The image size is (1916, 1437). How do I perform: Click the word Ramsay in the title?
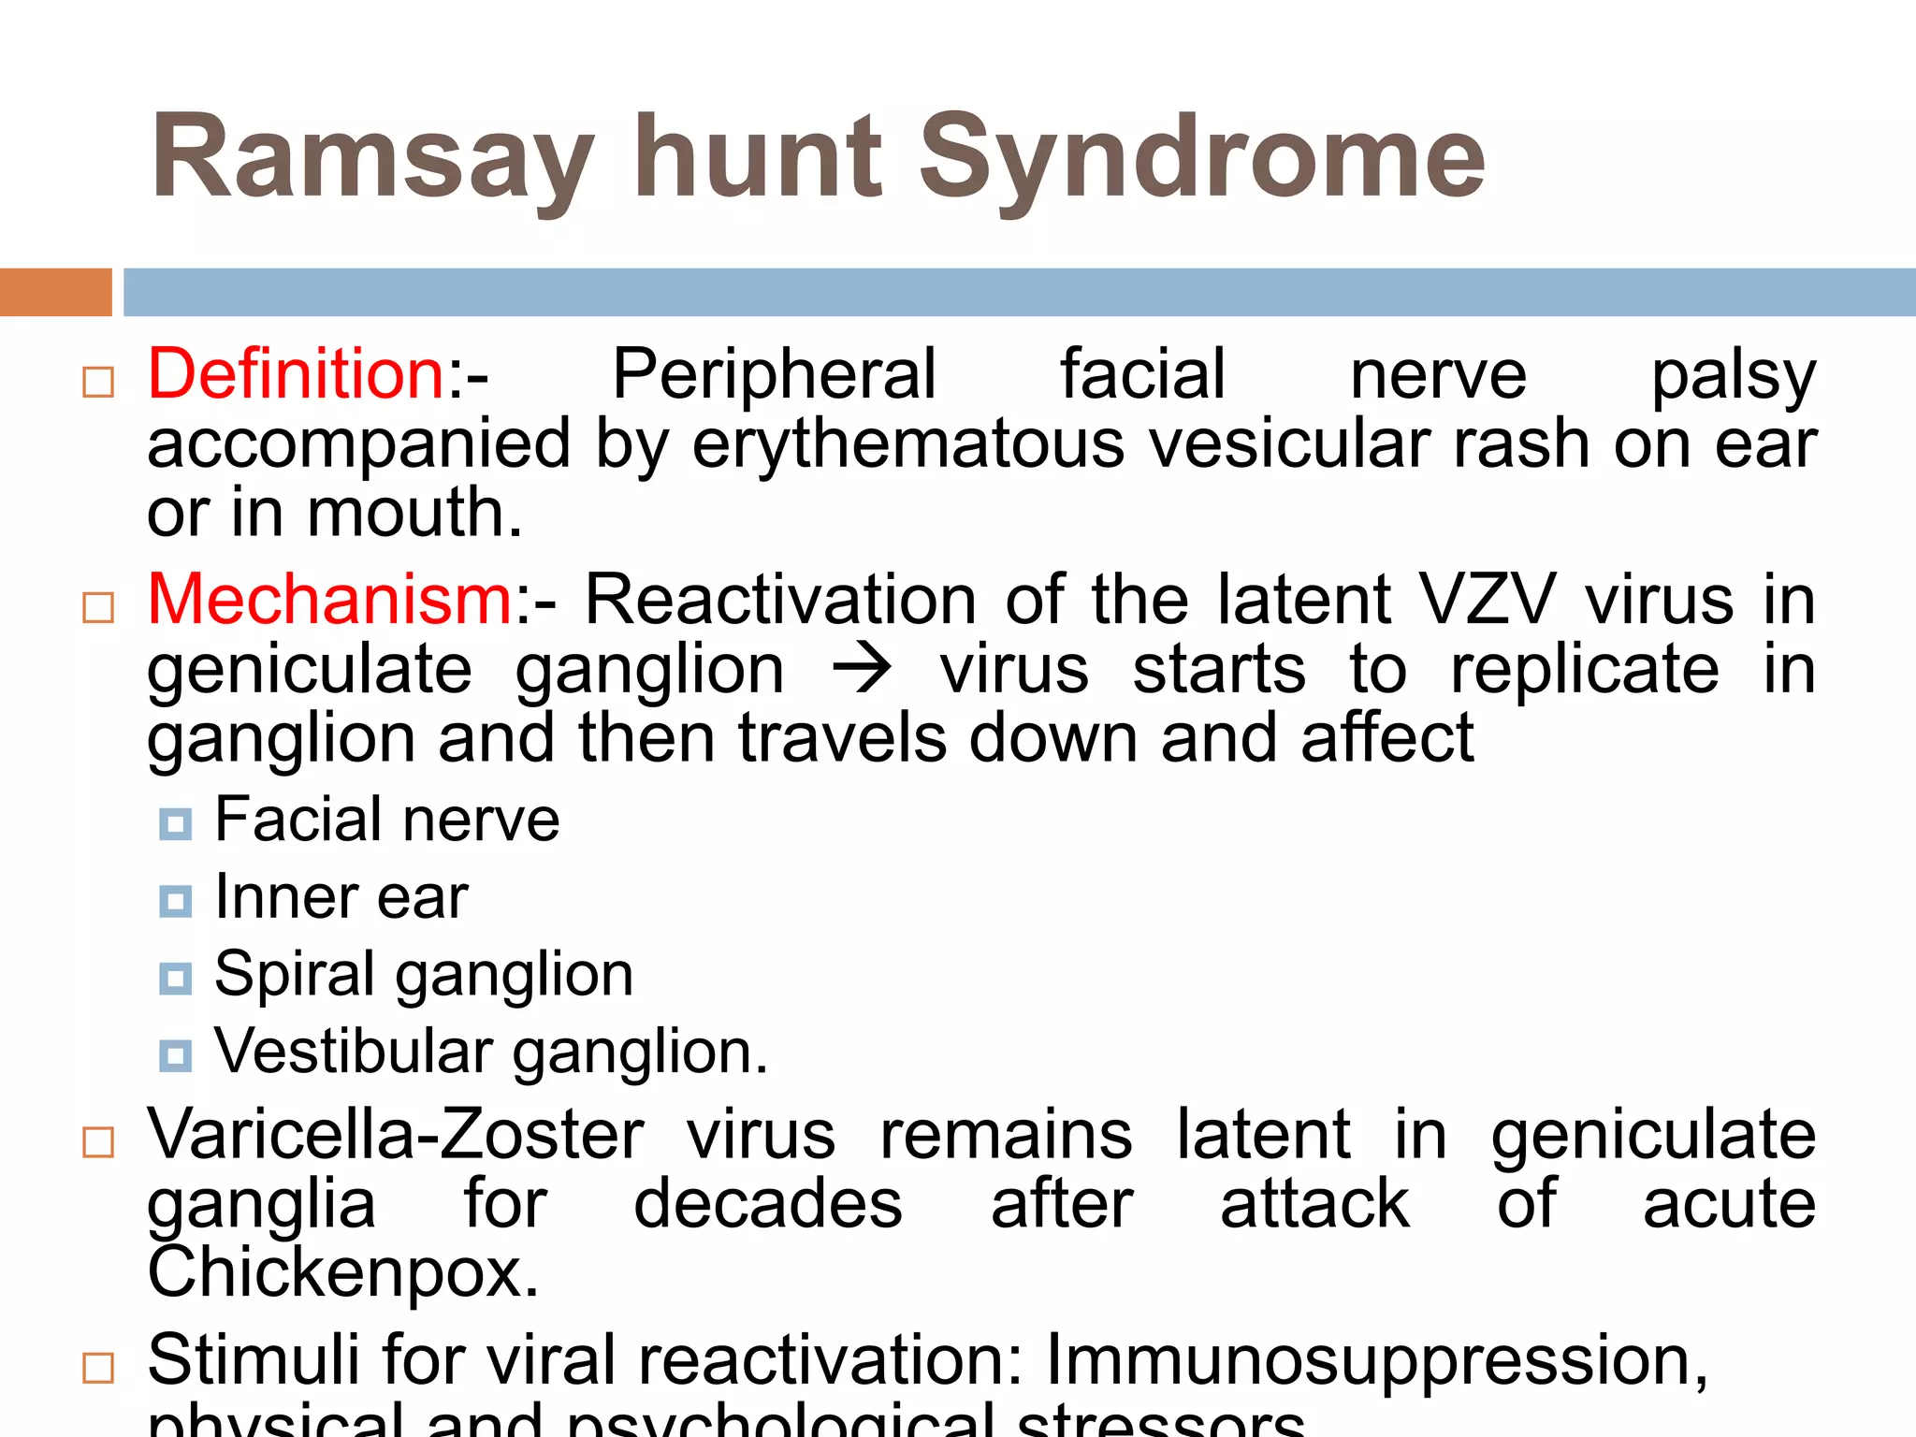[x=372, y=159]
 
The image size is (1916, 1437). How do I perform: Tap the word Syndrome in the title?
[x=1202, y=159]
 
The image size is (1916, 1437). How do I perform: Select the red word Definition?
[x=297, y=374]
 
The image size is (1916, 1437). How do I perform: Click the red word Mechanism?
[x=329, y=600]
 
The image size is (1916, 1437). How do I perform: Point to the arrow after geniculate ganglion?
[x=862, y=670]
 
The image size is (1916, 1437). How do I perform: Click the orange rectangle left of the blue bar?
[x=55, y=292]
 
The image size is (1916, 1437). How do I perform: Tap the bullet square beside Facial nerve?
[x=175, y=823]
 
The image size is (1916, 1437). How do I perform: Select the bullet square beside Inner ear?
[x=175, y=901]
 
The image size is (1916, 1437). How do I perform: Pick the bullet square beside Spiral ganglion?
[x=175, y=979]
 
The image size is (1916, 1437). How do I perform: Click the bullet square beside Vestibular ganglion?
[x=175, y=1055]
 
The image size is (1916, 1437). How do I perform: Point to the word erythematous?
[x=908, y=444]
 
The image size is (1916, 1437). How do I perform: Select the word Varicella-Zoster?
[x=396, y=1135]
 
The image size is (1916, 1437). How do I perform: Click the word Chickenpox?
[x=343, y=1273]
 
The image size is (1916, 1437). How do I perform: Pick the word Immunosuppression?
[x=1376, y=1360]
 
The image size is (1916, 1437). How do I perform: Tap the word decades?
[x=768, y=1204]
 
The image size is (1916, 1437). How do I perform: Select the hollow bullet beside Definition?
[x=98, y=382]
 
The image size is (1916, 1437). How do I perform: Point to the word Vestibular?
[x=354, y=1052]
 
